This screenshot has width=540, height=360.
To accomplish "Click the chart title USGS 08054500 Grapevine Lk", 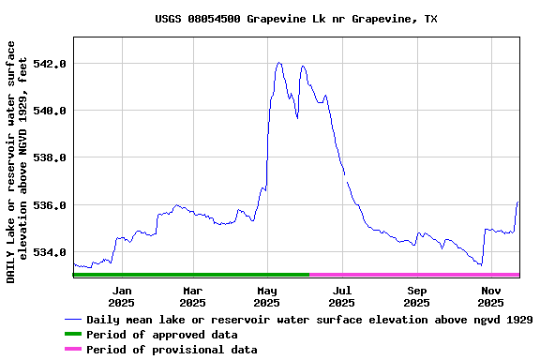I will (295, 19).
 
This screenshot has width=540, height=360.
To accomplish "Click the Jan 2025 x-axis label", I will (121, 296).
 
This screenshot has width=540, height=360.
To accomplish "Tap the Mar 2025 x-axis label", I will (193, 296).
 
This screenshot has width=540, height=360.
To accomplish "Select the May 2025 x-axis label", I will (267, 296).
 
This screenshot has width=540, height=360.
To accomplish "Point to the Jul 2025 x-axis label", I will (342, 296).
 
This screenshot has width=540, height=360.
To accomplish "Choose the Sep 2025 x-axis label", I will (417, 296).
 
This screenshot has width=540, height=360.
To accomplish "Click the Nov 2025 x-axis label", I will (490, 296).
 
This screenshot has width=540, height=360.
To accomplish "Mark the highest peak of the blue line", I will (279, 63).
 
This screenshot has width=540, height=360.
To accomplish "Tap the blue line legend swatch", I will (73, 320).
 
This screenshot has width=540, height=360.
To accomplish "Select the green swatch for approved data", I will (73, 335).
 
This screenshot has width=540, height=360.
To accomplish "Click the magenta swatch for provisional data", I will (73, 350).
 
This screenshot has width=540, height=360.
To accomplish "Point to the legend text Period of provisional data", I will (172, 350).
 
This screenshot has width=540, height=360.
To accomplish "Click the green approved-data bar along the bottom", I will (190, 275).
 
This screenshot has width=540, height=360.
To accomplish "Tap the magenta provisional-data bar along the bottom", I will (414, 275).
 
